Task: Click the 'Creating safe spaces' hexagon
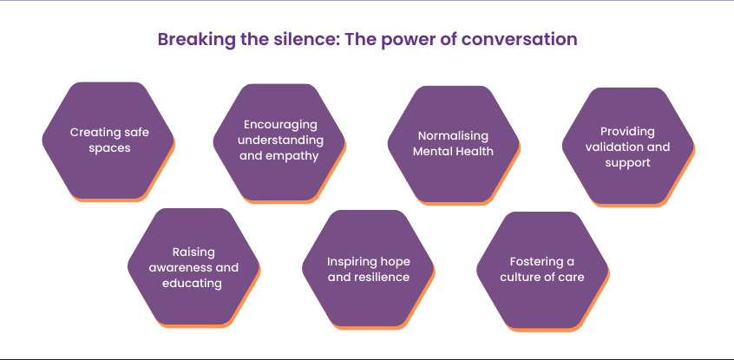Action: pyautogui.click(x=108, y=141)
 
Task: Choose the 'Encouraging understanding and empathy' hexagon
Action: pyautogui.click(x=279, y=141)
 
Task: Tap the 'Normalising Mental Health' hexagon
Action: pyautogui.click(x=453, y=143)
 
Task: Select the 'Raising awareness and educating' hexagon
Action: pyautogui.click(x=193, y=268)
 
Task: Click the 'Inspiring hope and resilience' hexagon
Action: pyautogui.click(x=368, y=268)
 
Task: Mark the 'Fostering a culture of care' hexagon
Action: pyautogui.click(x=541, y=269)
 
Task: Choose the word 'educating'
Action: pyautogui.click(x=193, y=283)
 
